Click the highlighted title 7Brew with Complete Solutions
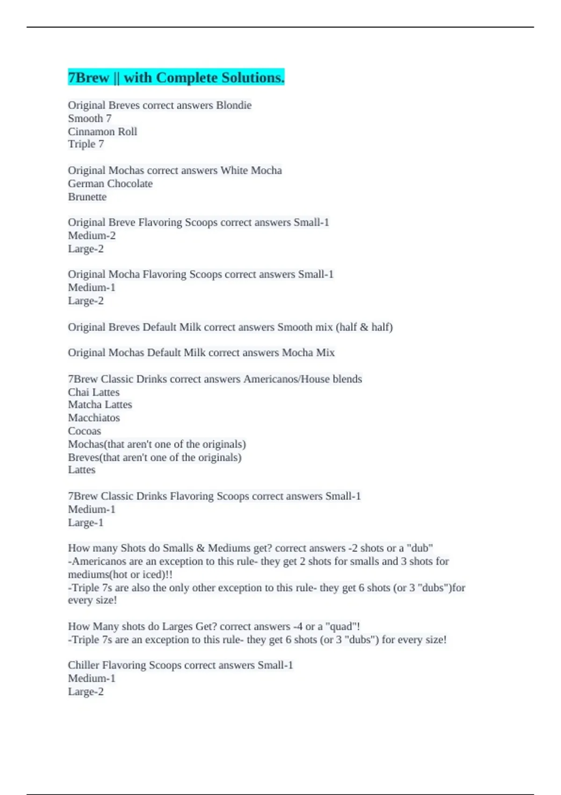pyautogui.click(x=176, y=78)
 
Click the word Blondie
pyautogui.click(x=234, y=105)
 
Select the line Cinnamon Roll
pyautogui.click(x=102, y=131)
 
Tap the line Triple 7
pyautogui.click(x=86, y=144)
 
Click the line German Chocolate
pyautogui.click(x=110, y=183)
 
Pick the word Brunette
pyautogui.click(x=87, y=197)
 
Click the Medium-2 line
pyautogui.click(x=92, y=236)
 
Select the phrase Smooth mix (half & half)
pyautogui.click(x=335, y=327)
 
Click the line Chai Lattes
pyautogui.click(x=93, y=392)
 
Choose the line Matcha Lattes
pyautogui.click(x=100, y=405)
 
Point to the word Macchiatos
pyautogui.click(x=94, y=418)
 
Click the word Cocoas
pyautogui.click(x=85, y=431)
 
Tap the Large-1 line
pyautogui.click(x=86, y=523)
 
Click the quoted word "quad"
pyautogui.click(x=342, y=627)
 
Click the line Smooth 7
pyautogui.click(x=90, y=118)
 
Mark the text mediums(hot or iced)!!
pyautogui.click(x=120, y=574)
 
